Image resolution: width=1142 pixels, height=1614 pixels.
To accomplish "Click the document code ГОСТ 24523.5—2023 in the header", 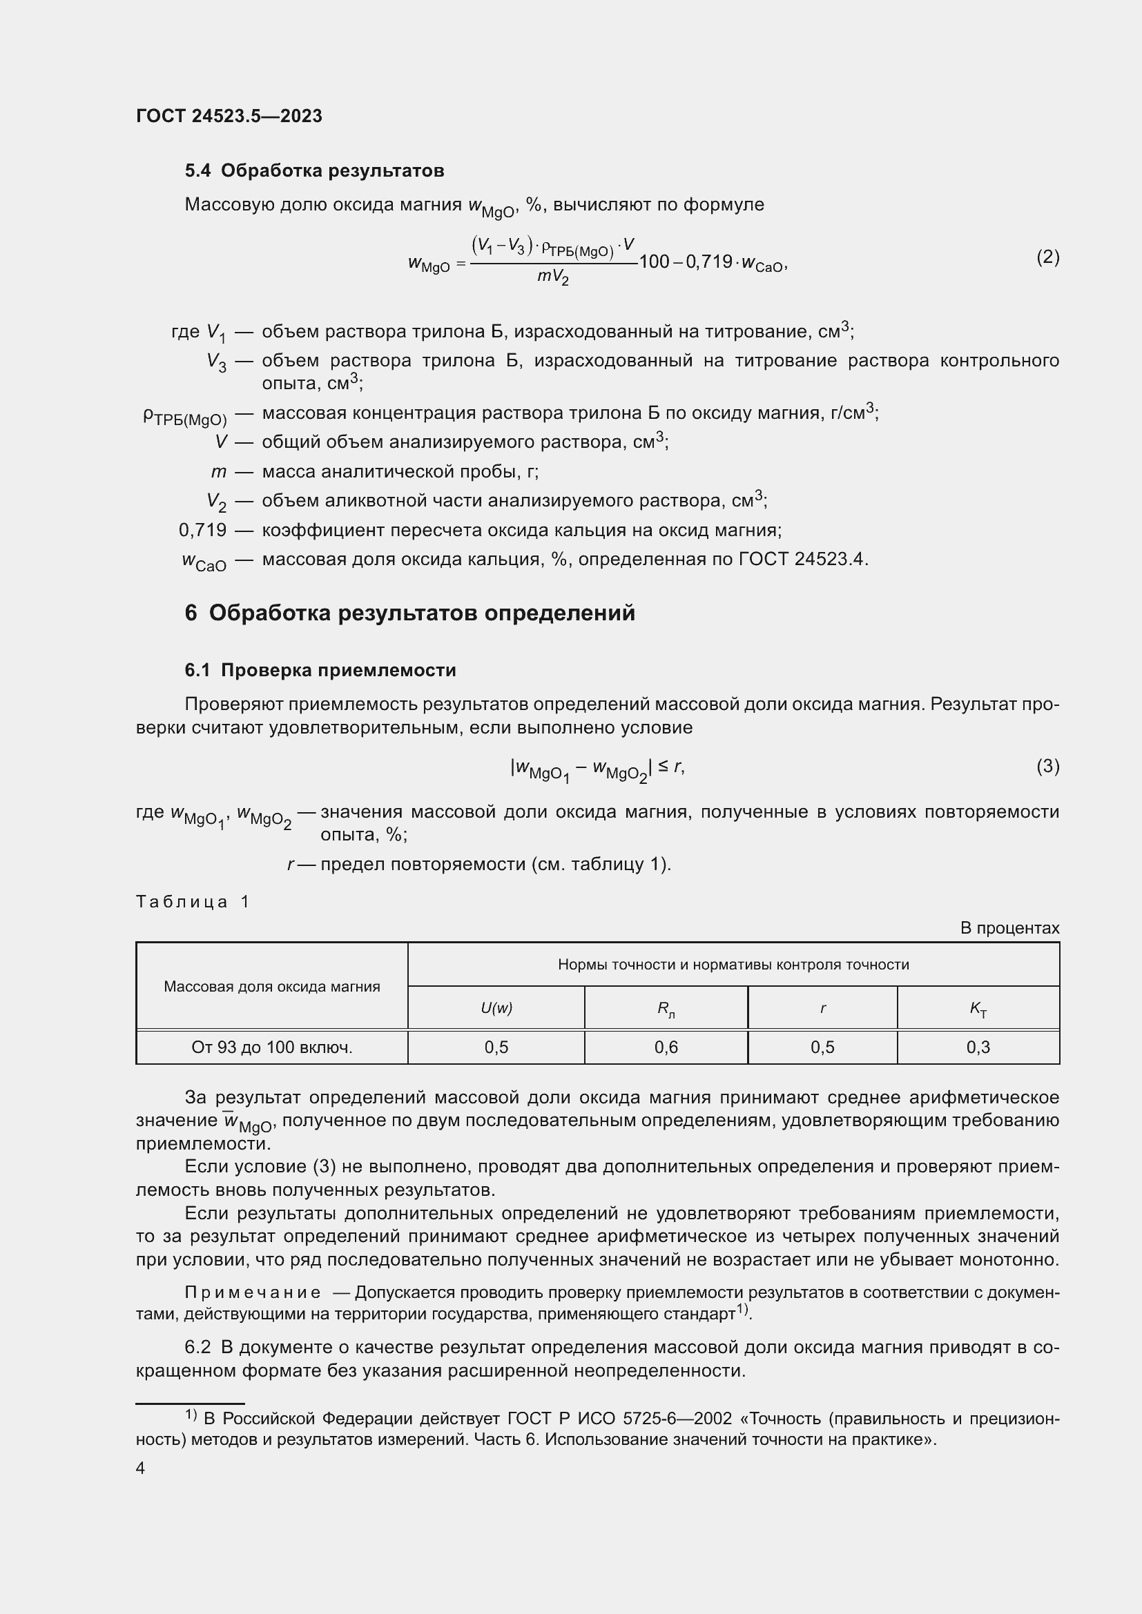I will click(229, 116).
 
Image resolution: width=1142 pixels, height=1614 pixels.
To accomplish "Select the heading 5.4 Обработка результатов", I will click(314, 171).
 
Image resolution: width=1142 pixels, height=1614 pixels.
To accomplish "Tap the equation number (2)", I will click(1047, 257).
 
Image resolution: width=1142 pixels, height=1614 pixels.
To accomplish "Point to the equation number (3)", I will click(1047, 766).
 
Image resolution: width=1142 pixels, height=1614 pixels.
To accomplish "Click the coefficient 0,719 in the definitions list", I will click(202, 530).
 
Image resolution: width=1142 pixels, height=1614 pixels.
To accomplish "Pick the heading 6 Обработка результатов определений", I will click(410, 613).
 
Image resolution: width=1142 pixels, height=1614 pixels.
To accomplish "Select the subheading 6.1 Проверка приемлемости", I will click(320, 671).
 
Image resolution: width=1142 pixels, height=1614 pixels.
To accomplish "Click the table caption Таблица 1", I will click(193, 902).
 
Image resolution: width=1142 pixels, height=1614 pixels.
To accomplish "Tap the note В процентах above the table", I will click(1009, 928).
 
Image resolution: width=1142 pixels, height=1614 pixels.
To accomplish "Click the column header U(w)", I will click(496, 1008).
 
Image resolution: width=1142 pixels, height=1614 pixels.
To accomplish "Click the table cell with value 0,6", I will click(666, 1047).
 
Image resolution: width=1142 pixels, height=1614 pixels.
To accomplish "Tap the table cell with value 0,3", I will click(978, 1047).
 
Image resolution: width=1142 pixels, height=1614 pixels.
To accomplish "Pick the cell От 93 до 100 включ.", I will click(272, 1047).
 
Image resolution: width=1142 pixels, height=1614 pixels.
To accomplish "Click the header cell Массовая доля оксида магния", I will click(272, 986).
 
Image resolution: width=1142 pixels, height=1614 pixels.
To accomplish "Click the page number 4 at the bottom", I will click(141, 1468).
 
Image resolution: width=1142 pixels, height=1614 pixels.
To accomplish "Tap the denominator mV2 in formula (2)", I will click(553, 277).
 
